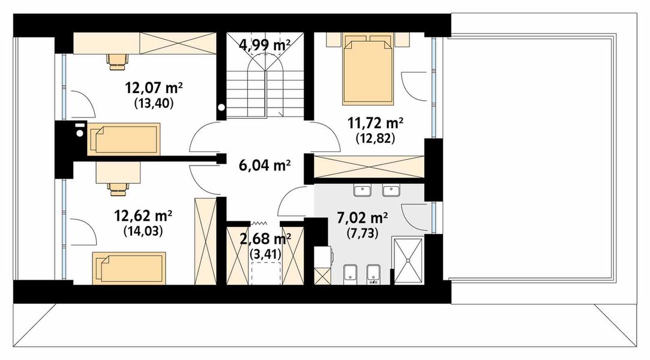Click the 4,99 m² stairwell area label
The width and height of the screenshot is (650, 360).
tap(265, 44)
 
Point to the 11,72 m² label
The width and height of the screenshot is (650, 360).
tap(375, 124)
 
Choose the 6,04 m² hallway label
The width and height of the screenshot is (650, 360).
tap(265, 164)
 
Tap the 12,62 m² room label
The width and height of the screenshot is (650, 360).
tap(144, 215)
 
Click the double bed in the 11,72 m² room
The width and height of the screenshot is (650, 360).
tap(367, 71)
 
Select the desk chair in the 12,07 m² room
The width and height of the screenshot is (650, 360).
tap(118, 59)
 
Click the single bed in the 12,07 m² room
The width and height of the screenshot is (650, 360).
tap(124, 139)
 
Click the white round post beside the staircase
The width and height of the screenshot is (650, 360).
tap(221, 109)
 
